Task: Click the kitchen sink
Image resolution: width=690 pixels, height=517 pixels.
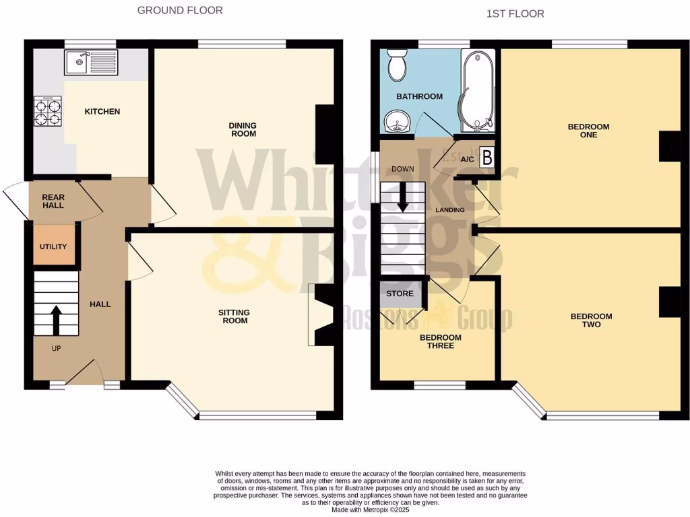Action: pyautogui.click(x=91, y=63)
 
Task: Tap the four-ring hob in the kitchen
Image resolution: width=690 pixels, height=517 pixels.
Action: pyautogui.click(x=48, y=111)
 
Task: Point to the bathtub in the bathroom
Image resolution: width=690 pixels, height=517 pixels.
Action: pyautogui.click(x=478, y=91)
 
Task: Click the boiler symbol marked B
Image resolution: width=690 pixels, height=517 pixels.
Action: pyautogui.click(x=487, y=156)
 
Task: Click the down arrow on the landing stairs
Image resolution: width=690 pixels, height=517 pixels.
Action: pyautogui.click(x=402, y=199)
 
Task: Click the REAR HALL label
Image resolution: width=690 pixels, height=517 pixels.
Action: pyautogui.click(x=53, y=201)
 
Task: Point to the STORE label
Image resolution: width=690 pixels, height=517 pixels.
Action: pyautogui.click(x=400, y=294)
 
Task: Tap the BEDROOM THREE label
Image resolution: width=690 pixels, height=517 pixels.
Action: pyautogui.click(x=441, y=341)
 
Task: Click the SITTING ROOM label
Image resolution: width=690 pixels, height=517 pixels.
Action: pyautogui.click(x=233, y=316)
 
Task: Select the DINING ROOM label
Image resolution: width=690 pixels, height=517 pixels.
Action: pyautogui.click(x=243, y=129)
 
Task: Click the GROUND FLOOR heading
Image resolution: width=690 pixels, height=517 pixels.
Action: pyautogui.click(x=179, y=10)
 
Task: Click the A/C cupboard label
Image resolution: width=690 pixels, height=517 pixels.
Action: pyautogui.click(x=467, y=160)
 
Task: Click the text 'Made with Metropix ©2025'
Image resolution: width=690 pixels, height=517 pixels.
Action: pyautogui.click(x=370, y=510)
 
